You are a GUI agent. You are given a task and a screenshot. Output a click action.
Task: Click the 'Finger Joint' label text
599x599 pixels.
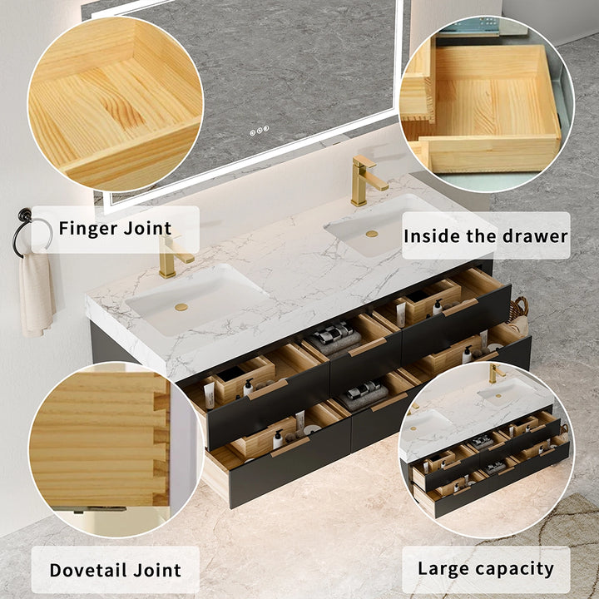click(x=115, y=228)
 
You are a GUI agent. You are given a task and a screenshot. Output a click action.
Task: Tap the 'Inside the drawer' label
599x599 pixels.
click(x=485, y=235)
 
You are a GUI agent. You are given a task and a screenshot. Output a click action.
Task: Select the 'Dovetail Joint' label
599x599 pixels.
click(x=115, y=570)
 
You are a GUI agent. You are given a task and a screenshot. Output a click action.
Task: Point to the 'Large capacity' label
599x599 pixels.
click(x=485, y=569)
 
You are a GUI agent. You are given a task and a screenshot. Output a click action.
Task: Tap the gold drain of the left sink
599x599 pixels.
click(x=181, y=307)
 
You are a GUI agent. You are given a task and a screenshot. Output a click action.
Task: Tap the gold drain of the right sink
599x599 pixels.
click(x=371, y=234)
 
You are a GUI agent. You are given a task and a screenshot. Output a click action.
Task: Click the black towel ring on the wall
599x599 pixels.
click(x=31, y=232)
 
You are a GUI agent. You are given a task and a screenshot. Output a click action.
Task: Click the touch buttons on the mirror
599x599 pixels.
click(x=260, y=129)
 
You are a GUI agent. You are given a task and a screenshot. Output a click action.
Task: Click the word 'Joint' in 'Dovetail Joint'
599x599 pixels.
click(x=152, y=570)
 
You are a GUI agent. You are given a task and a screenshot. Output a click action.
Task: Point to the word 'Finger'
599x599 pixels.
click(x=87, y=228)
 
